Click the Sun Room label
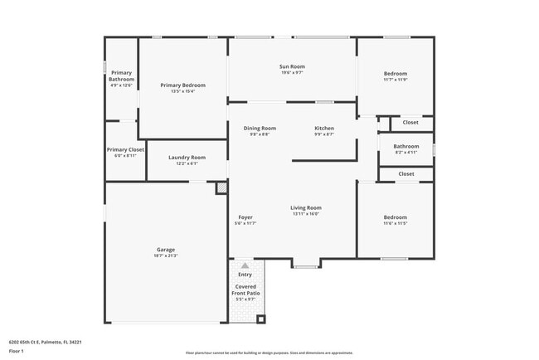pyautogui.click(x=293, y=66)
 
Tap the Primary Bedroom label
pyautogui.click(x=182, y=85)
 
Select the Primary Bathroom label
pyautogui.click(x=121, y=75)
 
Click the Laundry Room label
pyautogui.click(x=187, y=157)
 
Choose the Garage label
pyautogui.click(x=166, y=249)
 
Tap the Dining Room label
pyautogui.click(x=260, y=128)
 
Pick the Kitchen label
pyautogui.click(x=324, y=128)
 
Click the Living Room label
pyautogui.click(x=306, y=207)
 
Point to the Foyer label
pyautogui.click(x=245, y=217)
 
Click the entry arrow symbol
pyautogui.click(x=245, y=265)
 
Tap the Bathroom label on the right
pyautogui.click(x=395, y=146)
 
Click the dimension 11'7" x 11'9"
pyautogui.click(x=395, y=80)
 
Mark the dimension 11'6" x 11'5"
pyautogui.click(x=395, y=223)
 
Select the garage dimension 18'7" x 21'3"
pyautogui.click(x=166, y=255)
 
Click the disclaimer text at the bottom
pyautogui.click(x=269, y=352)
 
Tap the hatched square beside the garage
pyautogui.click(x=221, y=188)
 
